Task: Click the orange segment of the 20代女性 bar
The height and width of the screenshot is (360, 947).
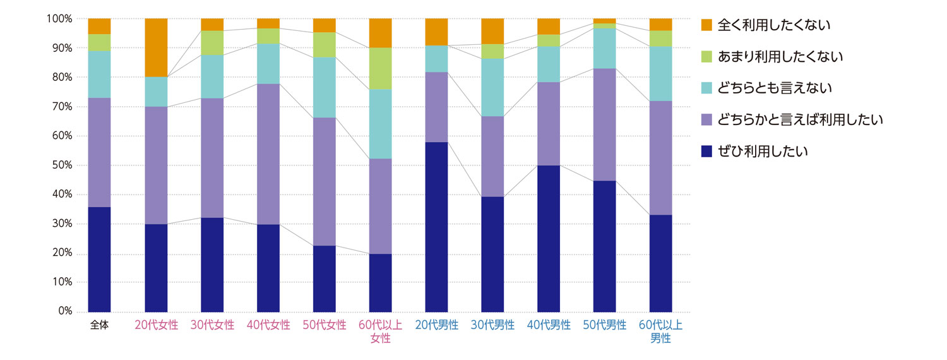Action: pos(156,47)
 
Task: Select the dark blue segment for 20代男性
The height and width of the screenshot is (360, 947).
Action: pos(436,227)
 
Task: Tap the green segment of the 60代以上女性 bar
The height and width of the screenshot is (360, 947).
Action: pos(380,68)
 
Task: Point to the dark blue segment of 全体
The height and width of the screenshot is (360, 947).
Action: pos(99,259)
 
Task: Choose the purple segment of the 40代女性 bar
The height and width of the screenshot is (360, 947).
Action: pos(268,154)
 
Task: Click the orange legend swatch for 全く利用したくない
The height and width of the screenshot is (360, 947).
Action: pos(706,25)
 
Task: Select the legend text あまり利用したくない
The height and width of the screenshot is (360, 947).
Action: pos(781,57)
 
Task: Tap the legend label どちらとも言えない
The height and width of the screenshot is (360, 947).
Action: pos(775,88)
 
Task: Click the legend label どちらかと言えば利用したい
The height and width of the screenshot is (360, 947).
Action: pos(800,119)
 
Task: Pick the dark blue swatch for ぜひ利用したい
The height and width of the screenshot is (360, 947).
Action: pos(706,151)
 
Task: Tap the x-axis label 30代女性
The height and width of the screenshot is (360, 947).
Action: pos(212,325)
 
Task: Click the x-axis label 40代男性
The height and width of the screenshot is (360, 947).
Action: pos(549,325)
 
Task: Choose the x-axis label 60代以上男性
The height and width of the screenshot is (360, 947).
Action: pos(661,332)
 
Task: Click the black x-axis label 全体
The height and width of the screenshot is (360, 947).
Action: pos(99,325)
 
